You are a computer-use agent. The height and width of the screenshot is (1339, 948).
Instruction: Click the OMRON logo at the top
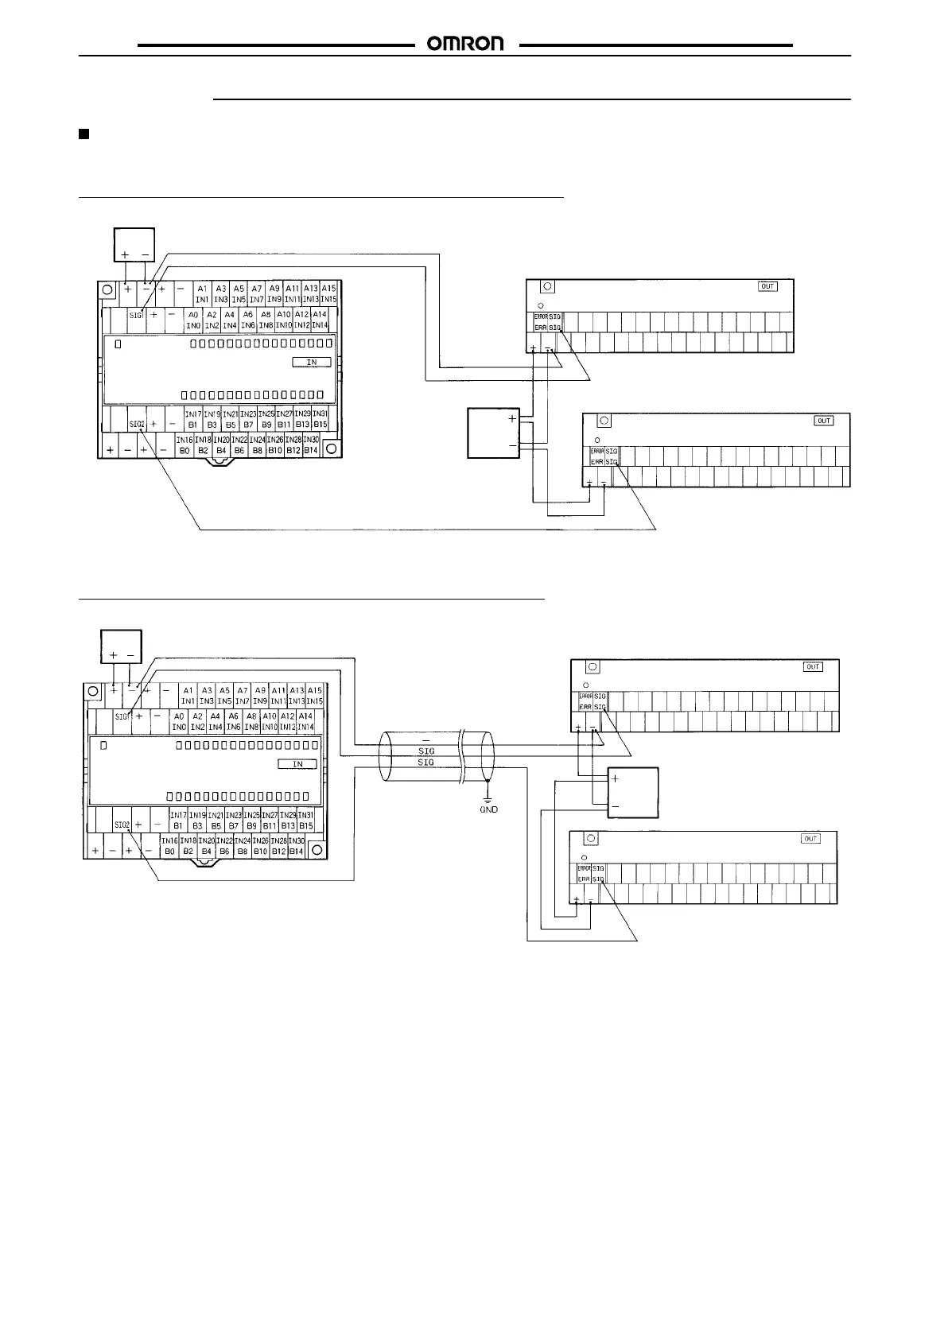pyautogui.click(x=466, y=45)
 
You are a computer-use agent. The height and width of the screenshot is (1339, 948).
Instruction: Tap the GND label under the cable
pyautogui.click(x=488, y=809)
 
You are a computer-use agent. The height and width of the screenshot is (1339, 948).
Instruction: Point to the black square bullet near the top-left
pyautogui.click(x=84, y=134)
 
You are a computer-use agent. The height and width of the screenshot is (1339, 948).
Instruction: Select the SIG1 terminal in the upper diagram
pyautogui.click(x=135, y=315)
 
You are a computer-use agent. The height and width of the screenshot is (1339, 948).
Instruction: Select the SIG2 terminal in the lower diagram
pyautogui.click(x=122, y=825)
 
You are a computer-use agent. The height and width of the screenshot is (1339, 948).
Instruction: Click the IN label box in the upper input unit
pyautogui.click(x=312, y=362)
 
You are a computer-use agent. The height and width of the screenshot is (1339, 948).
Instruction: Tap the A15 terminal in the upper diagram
pyautogui.click(x=328, y=289)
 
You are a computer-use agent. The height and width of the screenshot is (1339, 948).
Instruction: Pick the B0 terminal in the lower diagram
pyautogui.click(x=169, y=852)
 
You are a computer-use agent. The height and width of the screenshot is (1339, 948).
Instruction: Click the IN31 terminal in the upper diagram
pyautogui.click(x=320, y=414)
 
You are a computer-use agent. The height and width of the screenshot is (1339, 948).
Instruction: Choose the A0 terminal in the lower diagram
pyautogui.click(x=179, y=716)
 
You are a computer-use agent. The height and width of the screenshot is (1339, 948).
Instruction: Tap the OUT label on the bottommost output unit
pyautogui.click(x=810, y=839)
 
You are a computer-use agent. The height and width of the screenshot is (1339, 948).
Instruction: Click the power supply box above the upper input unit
pyautogui.click(x=134, y=244)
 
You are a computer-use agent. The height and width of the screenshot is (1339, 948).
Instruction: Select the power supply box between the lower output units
pyautogui.click(x=633, y=792)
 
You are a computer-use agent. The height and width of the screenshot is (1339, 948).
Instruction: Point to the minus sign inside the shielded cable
pyautogui.click(x=426, y=742)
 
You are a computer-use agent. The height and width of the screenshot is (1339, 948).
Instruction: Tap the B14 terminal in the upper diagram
pyautogui.click(x=310, y=451)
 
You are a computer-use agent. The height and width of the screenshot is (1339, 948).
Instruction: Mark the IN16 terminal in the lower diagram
pyautogui.click(x=169, y=841)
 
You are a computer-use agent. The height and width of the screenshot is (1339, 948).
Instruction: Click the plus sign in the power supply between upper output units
pyautogui.click(x=512, y=418)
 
